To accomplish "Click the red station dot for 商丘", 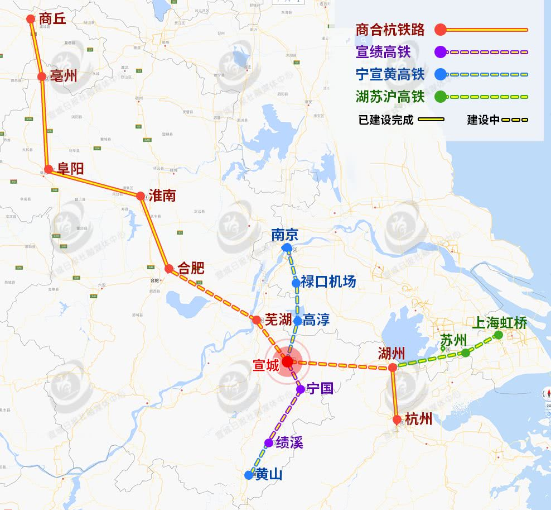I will [31, 19].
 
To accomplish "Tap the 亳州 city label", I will [63, 77].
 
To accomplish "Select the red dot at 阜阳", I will [49, 169].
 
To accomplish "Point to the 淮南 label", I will [162, 196].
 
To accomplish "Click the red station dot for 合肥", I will [169, 269].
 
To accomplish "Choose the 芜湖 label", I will [278, 320].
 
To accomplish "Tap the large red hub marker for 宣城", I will [287, 362].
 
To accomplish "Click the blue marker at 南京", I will [287, 247].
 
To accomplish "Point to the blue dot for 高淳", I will [298, 321].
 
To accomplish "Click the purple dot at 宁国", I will [301, 389].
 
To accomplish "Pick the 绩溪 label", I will [289, 443].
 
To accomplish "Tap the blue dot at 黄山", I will [249, 475].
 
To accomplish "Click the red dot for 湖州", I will [393, 368].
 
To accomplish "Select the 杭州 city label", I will [419, 419].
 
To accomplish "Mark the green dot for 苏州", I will [465, 352].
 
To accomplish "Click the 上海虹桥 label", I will [499, 323].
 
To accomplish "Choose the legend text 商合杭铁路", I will [390, 30].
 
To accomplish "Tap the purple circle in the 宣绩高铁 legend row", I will [440, 53].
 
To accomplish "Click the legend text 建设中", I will [483, 120].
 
